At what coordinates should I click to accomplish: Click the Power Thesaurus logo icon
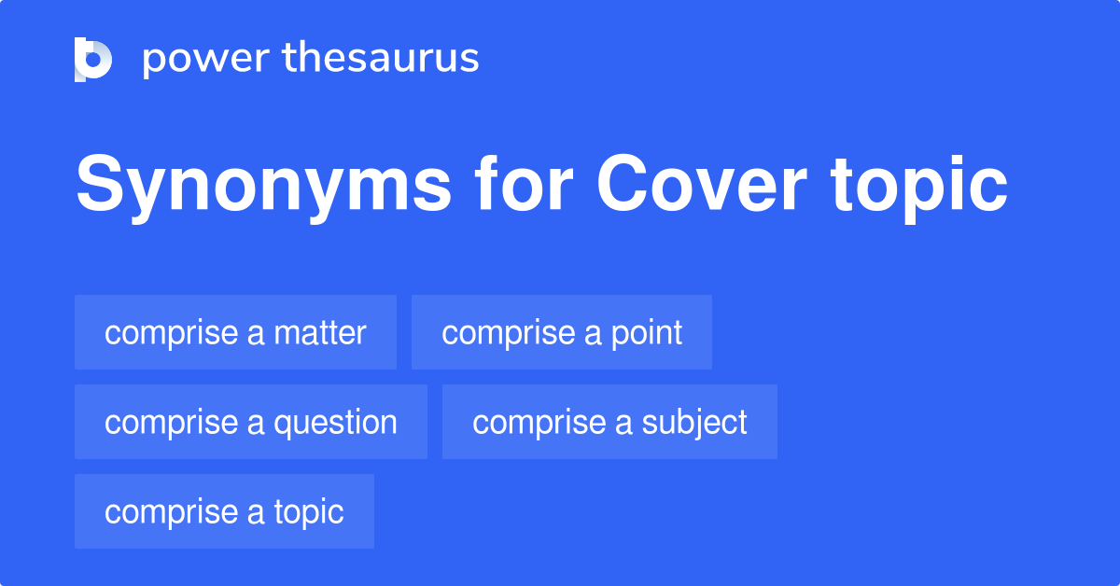pyautogui.click(x=93, y=60)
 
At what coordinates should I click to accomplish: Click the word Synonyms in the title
pyautogui.click(x=263, y=187)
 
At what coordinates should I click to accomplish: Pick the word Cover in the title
pyautogui.click(x=701, y=187)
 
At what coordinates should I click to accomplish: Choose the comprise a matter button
pyautogui.click(x=235, y=332)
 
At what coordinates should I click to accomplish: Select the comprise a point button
pyautogui.click(x=562, y=332)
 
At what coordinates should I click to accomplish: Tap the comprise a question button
pyautogui.click(x=251, y=422)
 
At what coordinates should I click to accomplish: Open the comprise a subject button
pyautogui.click(x=609, y=422)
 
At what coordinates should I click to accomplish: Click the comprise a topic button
pyautogui.click(x=224, y=511)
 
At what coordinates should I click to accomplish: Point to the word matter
pyautogui.click(x=320, y=332)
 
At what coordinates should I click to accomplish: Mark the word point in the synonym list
pyautogui.click(x=647, y=332)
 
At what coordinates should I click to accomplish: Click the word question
pyautogui.click(x=335, y=422)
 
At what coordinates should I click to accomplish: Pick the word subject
pyautogui.click(x=694, y=422)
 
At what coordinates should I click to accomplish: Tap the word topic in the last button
pyautogui.click(x=309, y=511)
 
